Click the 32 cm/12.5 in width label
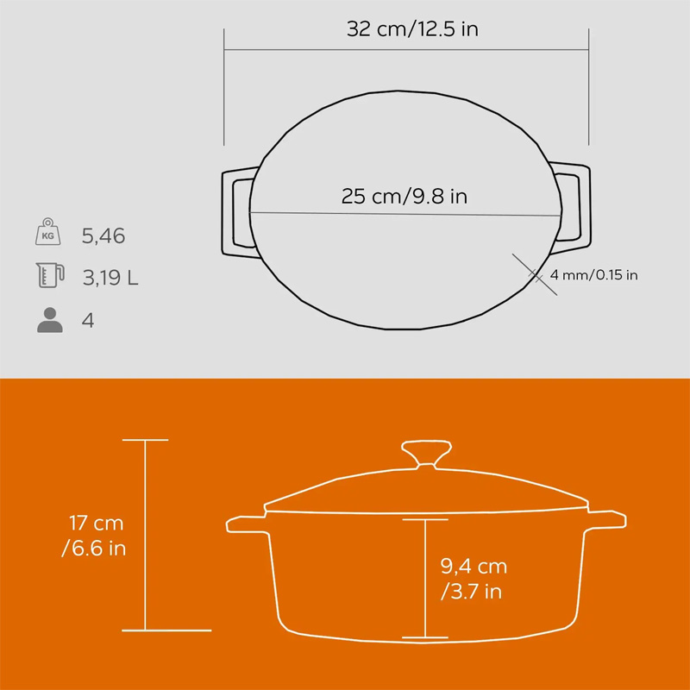(412, 29)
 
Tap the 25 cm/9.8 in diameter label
(404, 197)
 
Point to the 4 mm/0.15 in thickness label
(593, 275)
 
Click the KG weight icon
(48, 231)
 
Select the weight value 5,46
(103, 236)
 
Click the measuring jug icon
(50, 275)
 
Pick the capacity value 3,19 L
(110, 278)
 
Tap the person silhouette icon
(50, 320)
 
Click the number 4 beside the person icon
(88, 320)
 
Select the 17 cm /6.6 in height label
(94, 536)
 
